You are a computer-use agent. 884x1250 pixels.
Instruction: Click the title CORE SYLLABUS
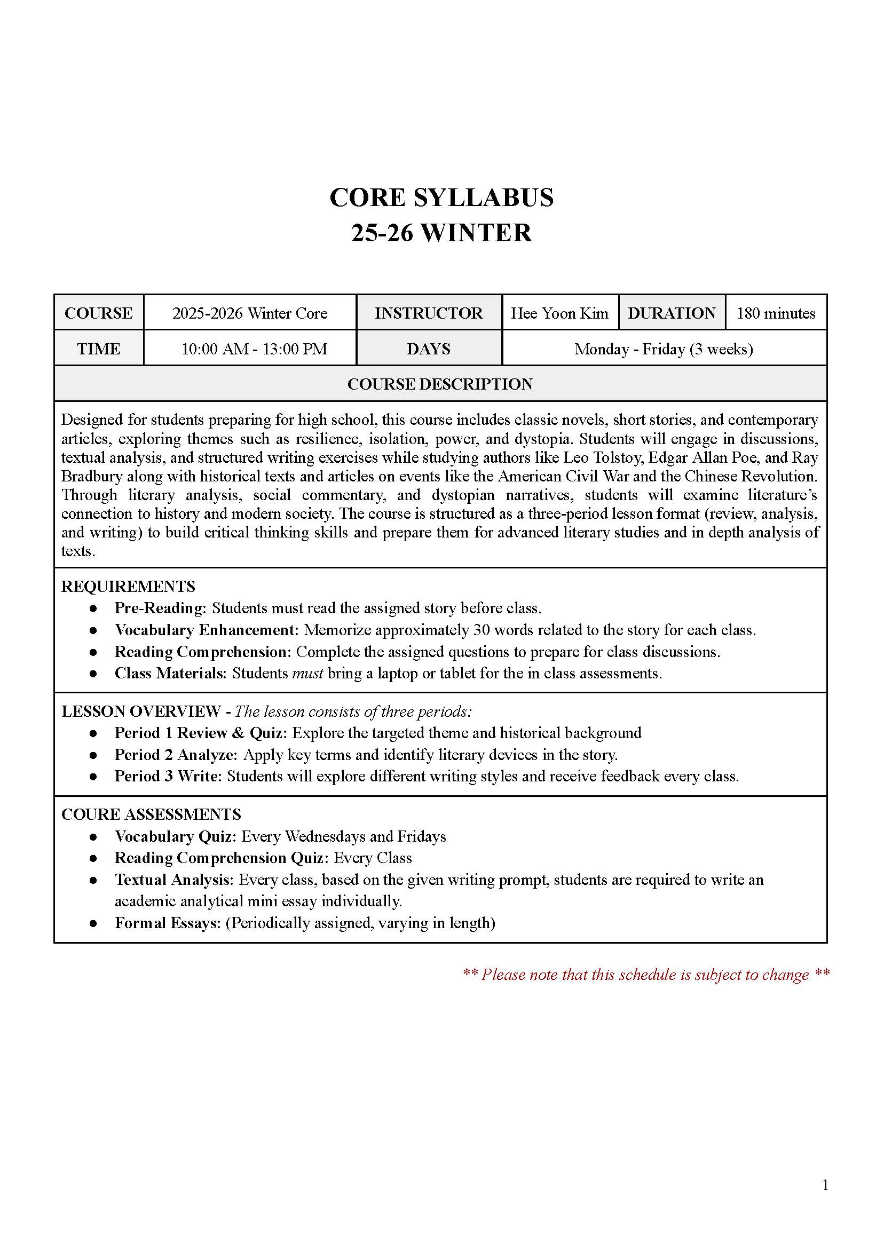(441, 197)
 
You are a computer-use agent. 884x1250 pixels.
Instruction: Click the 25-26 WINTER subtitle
(441, 233)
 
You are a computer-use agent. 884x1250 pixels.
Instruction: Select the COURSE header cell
(99, 313)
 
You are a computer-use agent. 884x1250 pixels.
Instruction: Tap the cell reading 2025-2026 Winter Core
(250, 313)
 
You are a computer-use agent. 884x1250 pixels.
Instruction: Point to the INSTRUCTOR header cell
(429, 313)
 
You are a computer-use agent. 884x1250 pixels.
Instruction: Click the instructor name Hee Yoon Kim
(559, 313)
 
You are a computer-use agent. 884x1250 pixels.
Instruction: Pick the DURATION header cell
(672, 313)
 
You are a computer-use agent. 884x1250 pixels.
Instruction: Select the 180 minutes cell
(776, 313)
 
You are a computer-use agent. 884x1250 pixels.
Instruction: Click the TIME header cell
(99, 349)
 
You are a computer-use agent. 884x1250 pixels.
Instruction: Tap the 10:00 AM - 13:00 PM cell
(254, 349)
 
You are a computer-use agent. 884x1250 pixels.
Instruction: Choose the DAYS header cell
(429, 349)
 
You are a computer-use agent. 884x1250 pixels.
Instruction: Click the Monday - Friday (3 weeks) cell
(664, 349)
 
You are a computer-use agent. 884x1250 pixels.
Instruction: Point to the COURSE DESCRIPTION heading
(440, 384)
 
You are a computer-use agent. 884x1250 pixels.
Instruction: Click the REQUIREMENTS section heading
(128, 587)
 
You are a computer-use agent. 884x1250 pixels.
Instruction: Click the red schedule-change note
(646, 975)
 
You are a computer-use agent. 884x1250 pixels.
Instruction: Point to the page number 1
(825, 1200)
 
